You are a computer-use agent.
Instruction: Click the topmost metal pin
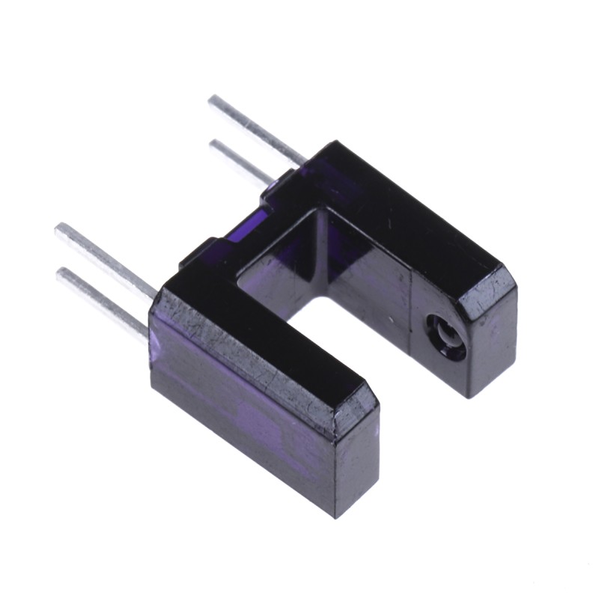click(x=255, y=127)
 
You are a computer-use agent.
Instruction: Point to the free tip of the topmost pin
click(x=213, y=100)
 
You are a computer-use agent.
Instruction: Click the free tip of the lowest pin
click(x=61, y=275)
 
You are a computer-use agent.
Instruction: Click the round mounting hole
click(x=440, y=330)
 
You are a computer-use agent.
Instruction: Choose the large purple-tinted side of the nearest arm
click(x=240, y=419)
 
